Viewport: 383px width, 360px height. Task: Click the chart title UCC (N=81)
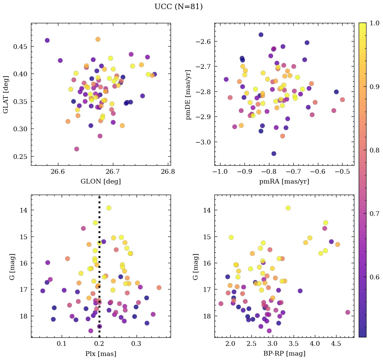coord(178,7)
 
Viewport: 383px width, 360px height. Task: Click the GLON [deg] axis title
coord(100,181)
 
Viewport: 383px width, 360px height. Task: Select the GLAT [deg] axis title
coord(6,94)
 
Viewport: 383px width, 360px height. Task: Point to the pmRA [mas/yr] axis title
coord(284,181)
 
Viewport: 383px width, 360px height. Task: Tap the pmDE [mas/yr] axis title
coord(188,94)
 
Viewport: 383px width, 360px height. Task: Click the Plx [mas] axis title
coord(100,354)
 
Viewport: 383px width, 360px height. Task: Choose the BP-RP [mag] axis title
coord(284,354)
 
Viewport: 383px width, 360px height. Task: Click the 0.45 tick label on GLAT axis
coord(21,46)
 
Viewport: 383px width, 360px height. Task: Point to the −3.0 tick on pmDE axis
coord(203,142)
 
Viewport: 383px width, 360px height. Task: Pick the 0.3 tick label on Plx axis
coord(136,344)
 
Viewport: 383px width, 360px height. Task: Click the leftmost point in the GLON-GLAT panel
coord(47,40)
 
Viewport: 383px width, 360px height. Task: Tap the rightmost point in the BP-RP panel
coord(348,312)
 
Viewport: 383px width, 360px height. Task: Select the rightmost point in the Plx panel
coord(159,288)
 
